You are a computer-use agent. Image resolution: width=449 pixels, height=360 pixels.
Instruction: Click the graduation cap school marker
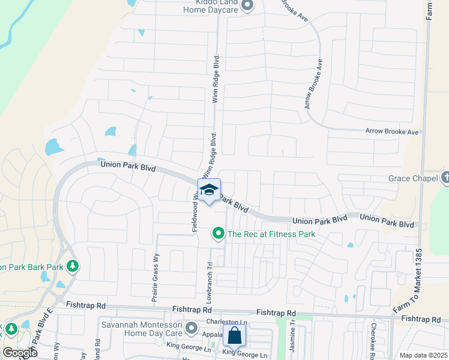click(209, 191)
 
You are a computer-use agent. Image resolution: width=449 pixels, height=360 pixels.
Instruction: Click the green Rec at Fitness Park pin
click(219, 233)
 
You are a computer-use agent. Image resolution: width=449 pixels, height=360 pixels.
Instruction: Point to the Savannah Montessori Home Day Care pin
click(191, 328)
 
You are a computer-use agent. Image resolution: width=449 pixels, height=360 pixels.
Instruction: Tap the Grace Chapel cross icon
click(445, 178)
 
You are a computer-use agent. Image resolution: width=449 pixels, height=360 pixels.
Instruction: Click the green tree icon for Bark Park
click(72, 265)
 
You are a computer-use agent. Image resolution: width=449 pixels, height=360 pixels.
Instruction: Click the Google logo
click(20, 353)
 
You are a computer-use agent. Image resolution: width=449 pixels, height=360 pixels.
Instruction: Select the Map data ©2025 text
click(423, 355)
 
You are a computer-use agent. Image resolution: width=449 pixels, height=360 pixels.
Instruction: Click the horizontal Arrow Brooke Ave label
click(392, 131)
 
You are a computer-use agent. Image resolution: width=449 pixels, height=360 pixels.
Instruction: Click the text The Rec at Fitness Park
click(272, 233)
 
